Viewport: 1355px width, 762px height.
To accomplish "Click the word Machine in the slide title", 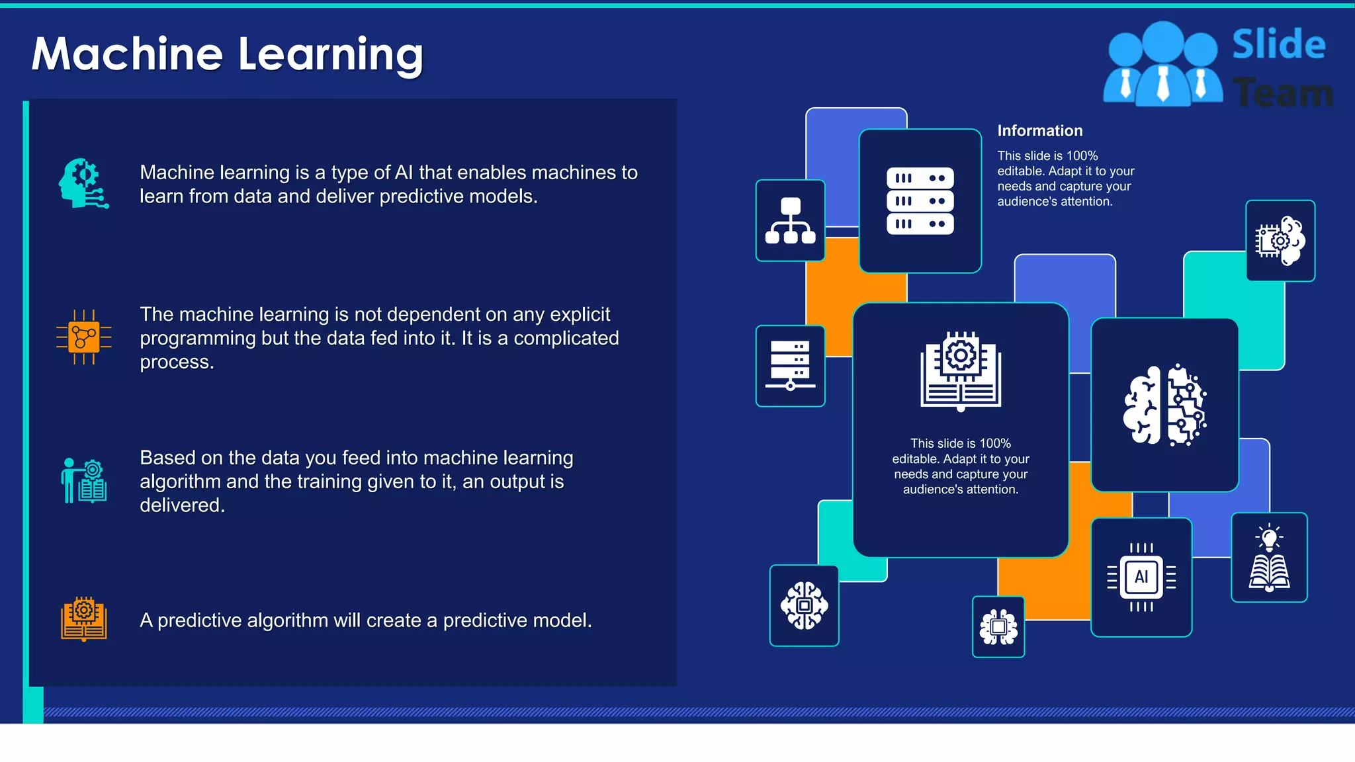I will click(127, 54).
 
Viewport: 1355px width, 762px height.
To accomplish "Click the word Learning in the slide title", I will click(330, 56).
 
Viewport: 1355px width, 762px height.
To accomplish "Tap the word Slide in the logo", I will click(1278, 45).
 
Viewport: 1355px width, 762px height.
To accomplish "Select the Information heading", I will click(1039, 131).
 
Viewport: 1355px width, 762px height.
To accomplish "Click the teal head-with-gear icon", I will click(83, 183).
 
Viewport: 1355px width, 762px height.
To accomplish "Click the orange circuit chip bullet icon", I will click(84, 337).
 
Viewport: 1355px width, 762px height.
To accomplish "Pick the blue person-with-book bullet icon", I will click(84, 481).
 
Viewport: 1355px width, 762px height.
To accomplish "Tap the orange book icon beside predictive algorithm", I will click(84, 619).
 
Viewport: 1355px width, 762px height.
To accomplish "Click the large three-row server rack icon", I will click(920, 201).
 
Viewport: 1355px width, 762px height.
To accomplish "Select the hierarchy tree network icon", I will click(790, 221).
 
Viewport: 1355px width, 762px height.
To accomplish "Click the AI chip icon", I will click(1141, 577).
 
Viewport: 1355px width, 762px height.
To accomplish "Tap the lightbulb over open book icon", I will click(1269, 558).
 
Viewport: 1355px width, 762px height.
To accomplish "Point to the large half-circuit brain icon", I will click(1164, 405).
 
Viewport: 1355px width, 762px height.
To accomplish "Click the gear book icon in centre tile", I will click(961, 371).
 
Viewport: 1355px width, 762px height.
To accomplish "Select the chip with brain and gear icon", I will click(1280, 241).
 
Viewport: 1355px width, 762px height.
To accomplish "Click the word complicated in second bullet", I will click(566, 338).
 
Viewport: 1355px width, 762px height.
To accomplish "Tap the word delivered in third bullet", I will click(182, 505).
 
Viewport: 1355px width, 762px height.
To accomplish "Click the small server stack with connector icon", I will click(790, 366).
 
